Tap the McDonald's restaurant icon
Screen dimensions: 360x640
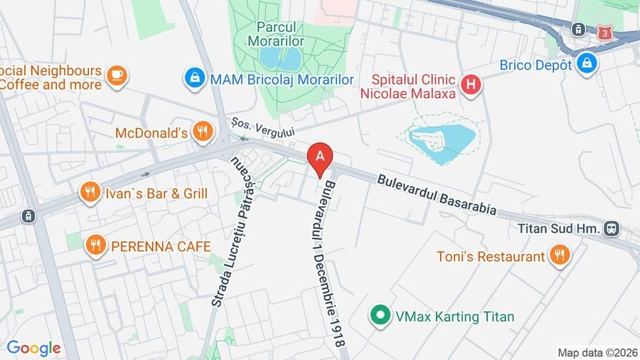(x=203, y=131)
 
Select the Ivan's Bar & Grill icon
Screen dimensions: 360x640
(x=89, y=192)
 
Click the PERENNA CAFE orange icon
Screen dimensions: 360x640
(x=95, y=245)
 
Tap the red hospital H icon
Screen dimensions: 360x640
(x=470, y=85)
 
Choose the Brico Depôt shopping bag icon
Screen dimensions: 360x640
(x=587, y=63)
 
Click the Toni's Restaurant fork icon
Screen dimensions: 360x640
(x=560, y=255)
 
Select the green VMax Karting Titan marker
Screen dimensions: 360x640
(x=380, y=315)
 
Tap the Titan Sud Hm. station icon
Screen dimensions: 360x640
(x=611, y=228)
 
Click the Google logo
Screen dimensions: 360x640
(x=33, y=348)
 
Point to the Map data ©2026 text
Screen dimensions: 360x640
(x=597, y=352)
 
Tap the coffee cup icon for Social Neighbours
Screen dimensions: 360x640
(x=117, y=74)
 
